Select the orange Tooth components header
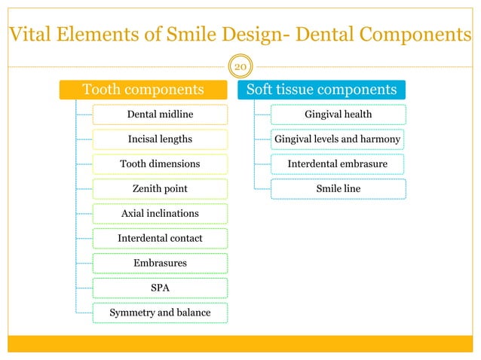pos(142,90)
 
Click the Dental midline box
pos(160,114)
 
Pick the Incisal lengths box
pos(160,139)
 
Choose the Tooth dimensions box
pos(160,164)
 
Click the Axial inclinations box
pos(160,214)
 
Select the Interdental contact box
pos(160,239)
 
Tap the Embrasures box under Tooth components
pos(160,264)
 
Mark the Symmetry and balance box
pos(160,313)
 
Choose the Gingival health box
pos(338,114)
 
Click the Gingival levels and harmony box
pos(338,139)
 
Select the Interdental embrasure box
pos(338,164)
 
